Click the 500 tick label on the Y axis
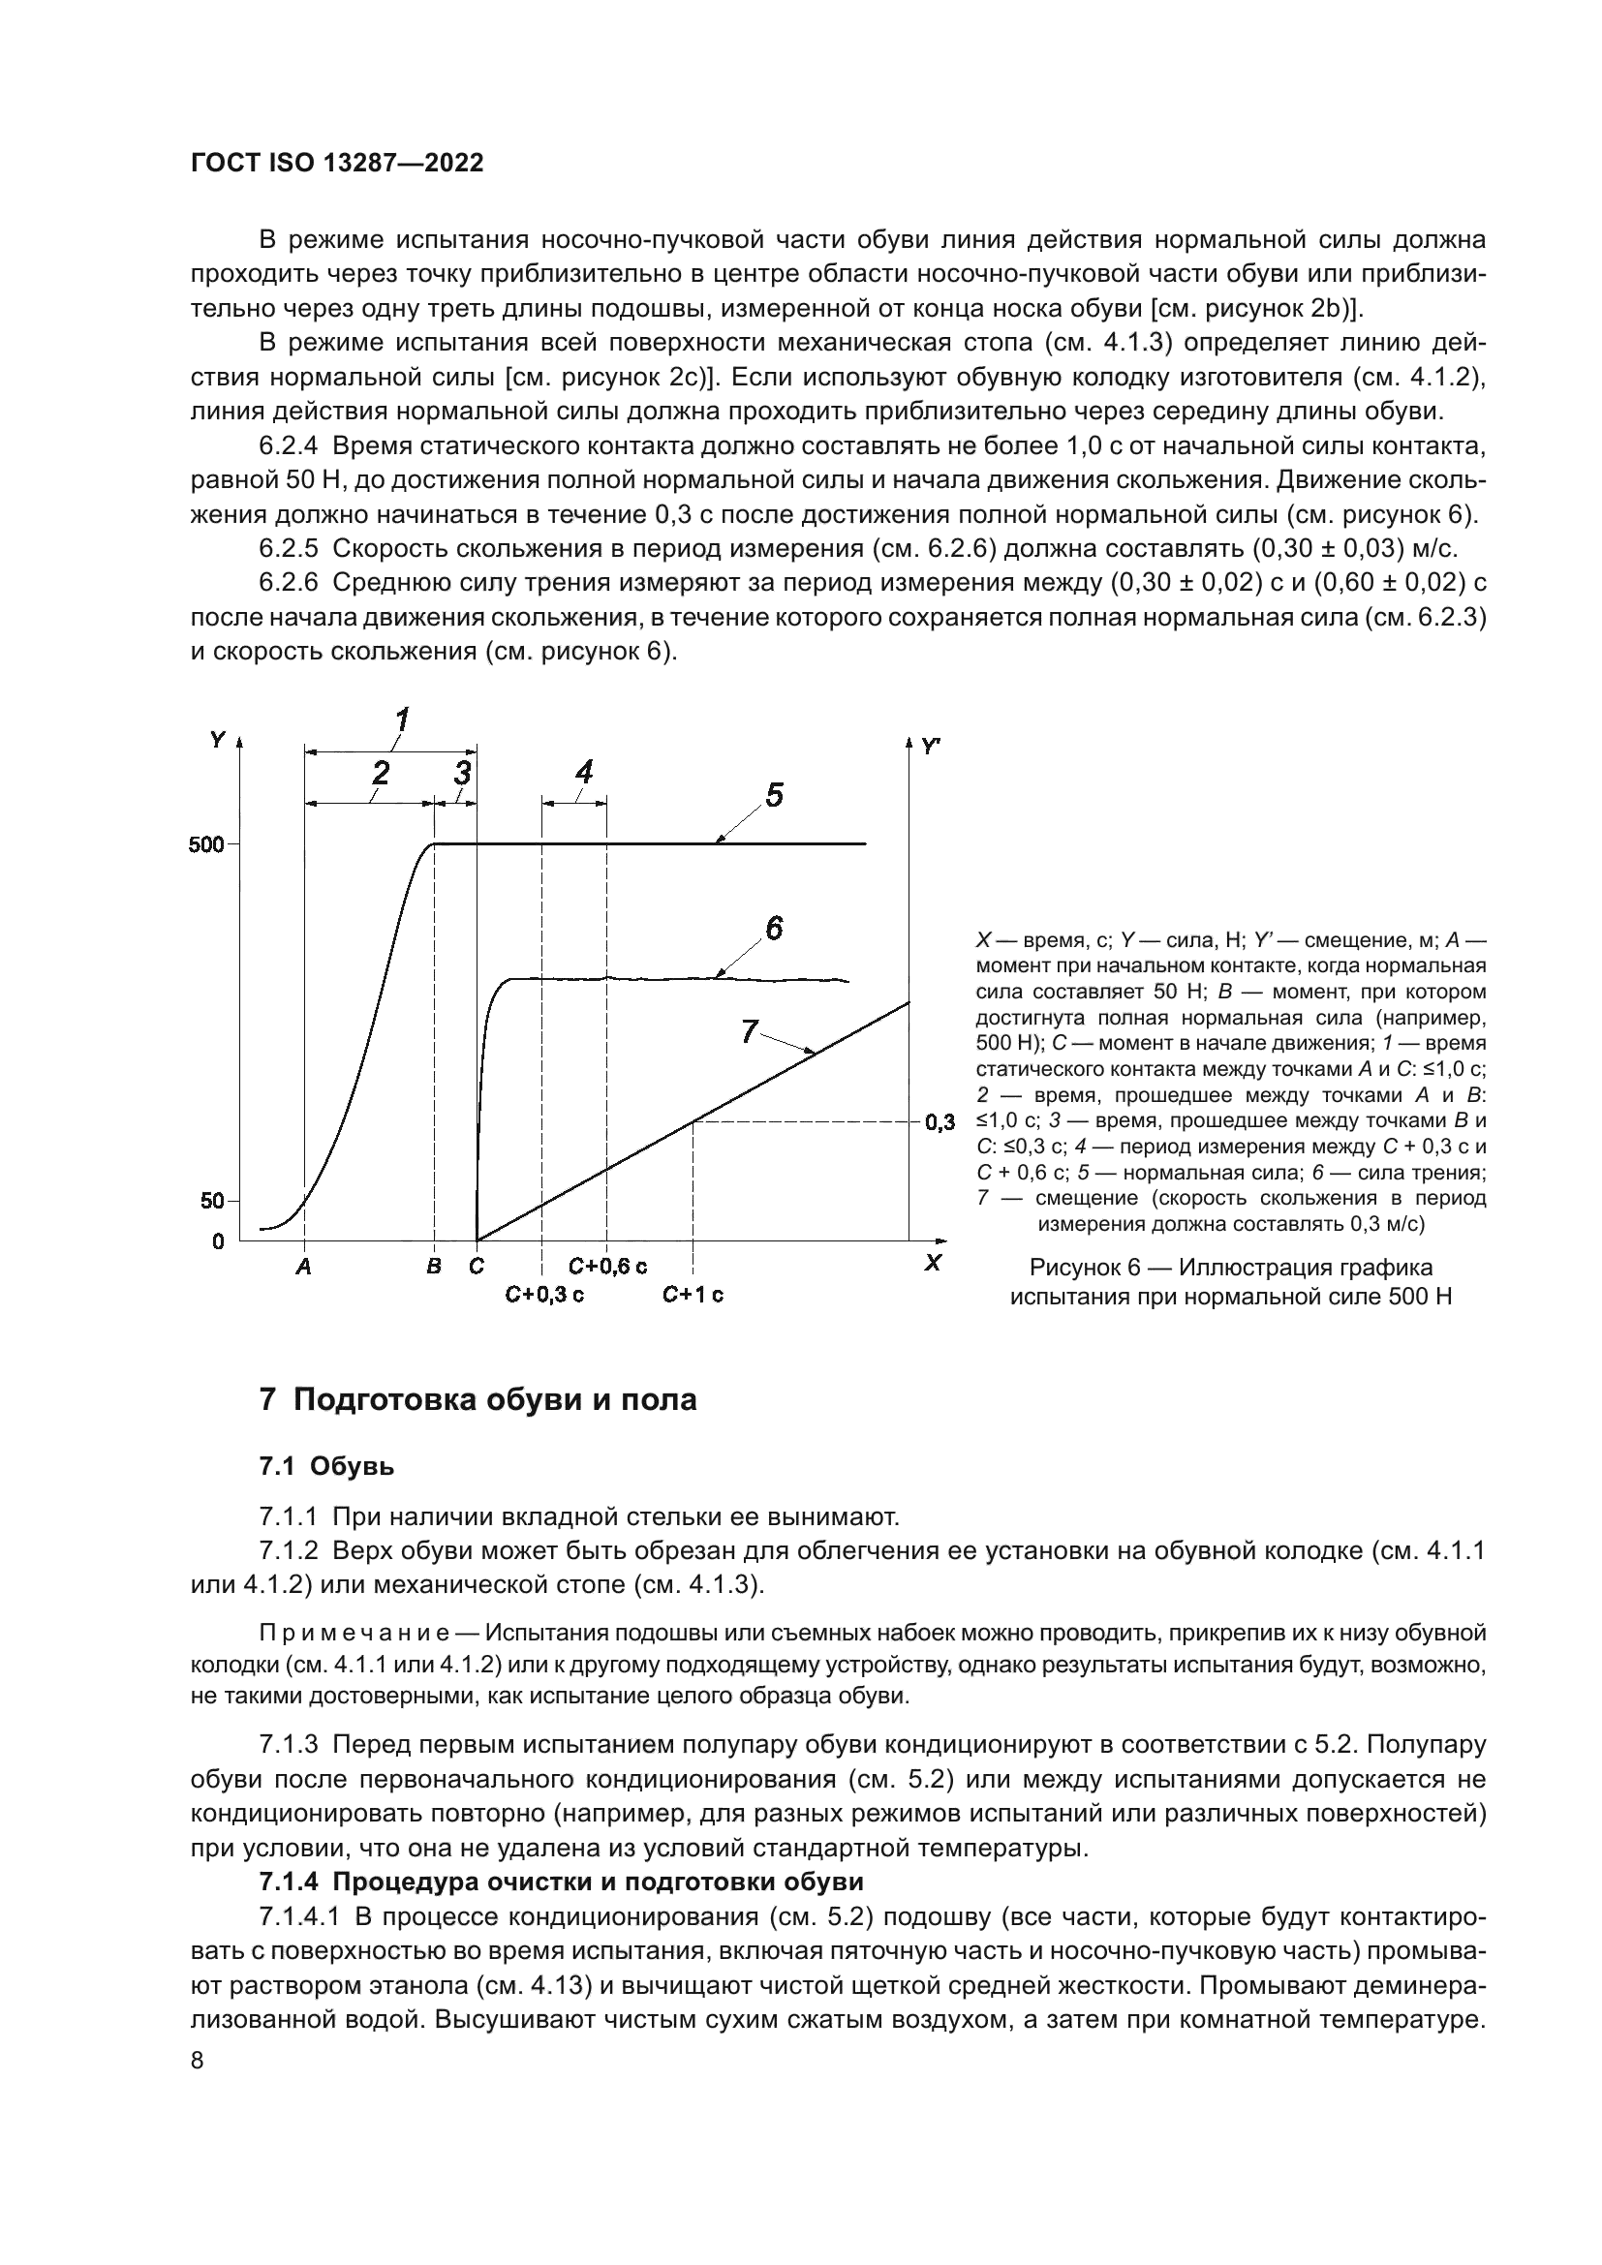206,844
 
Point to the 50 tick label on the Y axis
212,1202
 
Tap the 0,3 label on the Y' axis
940,1122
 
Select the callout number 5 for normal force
775,795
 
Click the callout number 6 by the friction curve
775,928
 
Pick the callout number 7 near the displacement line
749,1032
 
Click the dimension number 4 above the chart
584,772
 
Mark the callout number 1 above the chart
403,719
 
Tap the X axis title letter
932,1263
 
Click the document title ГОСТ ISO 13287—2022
336,164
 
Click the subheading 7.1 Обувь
326,1467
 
